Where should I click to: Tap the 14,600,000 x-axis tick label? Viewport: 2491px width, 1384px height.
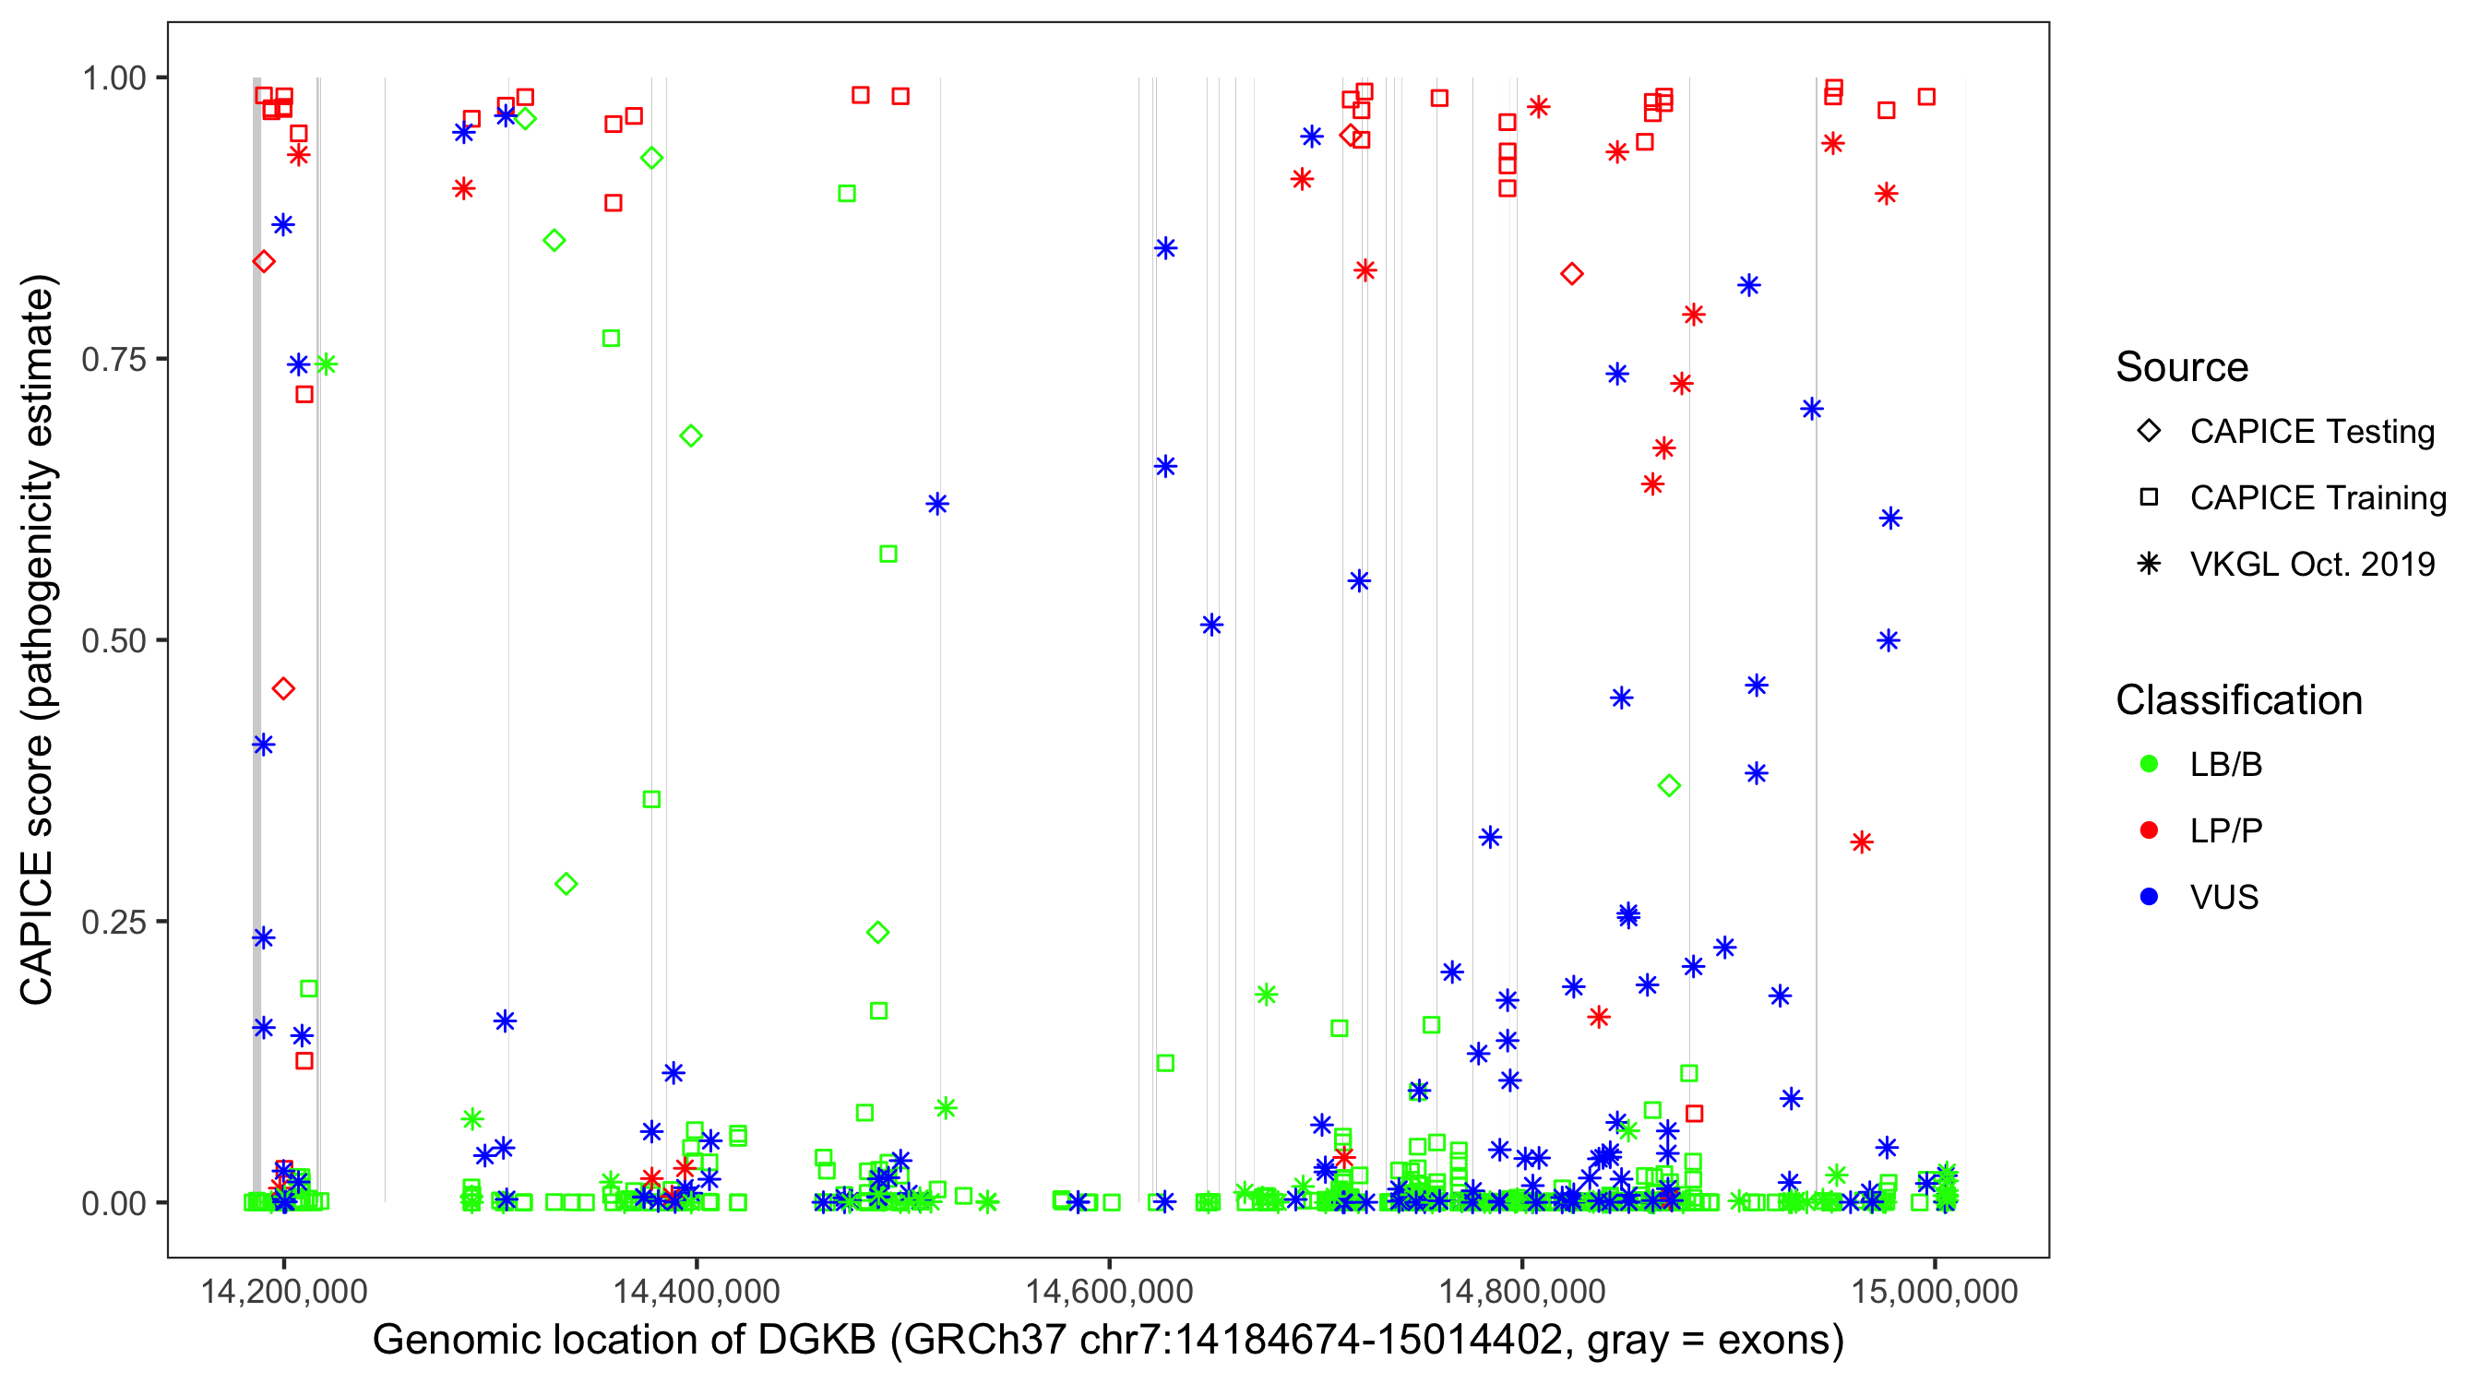click(x=1108, y=1291)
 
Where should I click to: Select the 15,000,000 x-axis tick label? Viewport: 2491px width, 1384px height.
click(x=1934, y=1291)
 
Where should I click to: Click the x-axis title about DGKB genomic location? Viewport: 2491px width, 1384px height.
click(x=1108, y=1341)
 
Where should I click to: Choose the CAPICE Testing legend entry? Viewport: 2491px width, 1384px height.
click(x=2311, y=432)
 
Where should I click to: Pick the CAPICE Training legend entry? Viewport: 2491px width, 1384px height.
click(x=2317, y=498)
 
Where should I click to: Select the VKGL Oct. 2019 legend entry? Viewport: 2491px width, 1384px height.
click(x=2311, y=565)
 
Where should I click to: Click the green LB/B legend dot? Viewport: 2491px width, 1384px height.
click(x=2149, y=764)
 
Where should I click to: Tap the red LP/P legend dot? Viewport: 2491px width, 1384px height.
click(x=2149, y=830)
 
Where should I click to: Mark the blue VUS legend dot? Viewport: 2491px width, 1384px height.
click(x=2149, y=898)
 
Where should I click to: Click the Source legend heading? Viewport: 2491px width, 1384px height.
click(x=2182, y=367)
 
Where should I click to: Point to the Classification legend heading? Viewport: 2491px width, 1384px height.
click(x=2238, y=700)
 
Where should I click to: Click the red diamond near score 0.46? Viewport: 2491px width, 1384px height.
click(x=283, y=688)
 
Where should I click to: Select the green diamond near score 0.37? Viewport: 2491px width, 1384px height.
click(x=1669, y=786)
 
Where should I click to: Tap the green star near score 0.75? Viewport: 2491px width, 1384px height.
click(x=326, y=364)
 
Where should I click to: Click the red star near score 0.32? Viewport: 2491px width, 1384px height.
click(x=1862, y=842)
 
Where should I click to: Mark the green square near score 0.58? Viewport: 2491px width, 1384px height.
click(x=888, y=555)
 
